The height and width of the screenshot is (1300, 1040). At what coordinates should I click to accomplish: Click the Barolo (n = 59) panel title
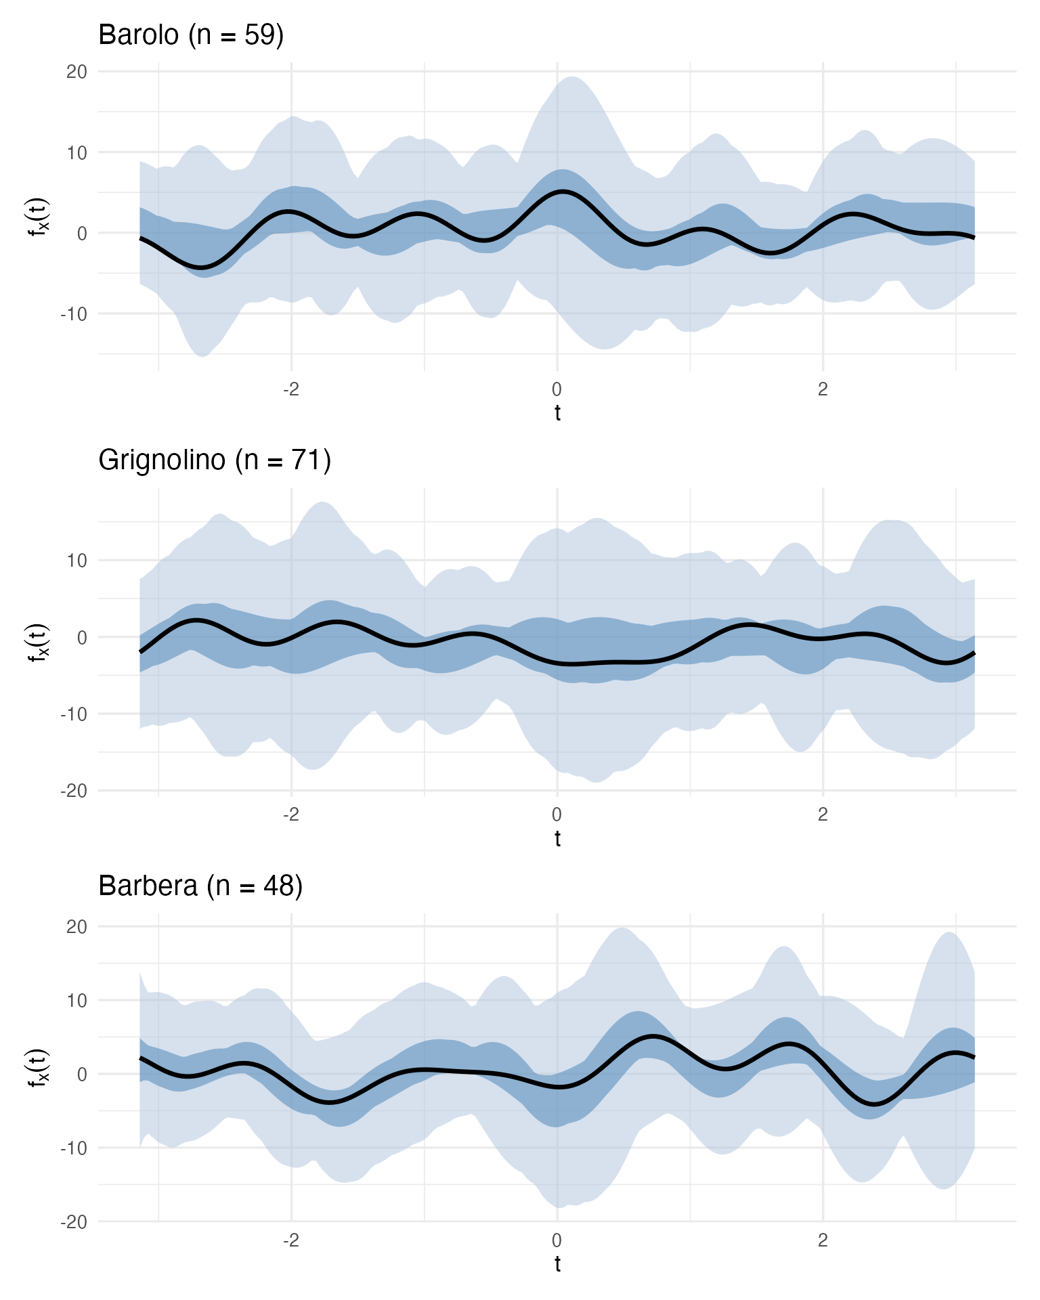191,35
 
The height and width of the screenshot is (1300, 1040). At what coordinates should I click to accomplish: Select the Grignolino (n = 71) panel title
215,460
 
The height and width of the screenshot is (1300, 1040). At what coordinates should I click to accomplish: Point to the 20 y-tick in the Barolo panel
77,71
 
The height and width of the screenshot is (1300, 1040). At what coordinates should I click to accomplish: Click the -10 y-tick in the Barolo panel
74,314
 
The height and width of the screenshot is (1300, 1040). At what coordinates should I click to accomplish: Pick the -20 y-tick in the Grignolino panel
74,791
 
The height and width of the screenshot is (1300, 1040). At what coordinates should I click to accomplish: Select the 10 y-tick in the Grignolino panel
77,561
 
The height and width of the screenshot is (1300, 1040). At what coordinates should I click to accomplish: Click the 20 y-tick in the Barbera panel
77,926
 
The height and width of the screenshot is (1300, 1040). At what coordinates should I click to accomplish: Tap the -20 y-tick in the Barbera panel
74,1222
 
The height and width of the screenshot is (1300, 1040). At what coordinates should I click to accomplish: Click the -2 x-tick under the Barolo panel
290,390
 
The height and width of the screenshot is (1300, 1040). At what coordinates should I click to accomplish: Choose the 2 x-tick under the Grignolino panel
823,815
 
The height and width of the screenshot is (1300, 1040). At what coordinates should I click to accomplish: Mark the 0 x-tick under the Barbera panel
557,1240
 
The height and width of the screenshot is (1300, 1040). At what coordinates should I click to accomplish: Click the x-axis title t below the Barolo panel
557,412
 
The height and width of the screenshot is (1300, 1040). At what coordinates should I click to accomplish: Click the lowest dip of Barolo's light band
202,356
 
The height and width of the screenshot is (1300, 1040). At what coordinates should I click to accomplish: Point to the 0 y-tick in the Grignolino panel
82,637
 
